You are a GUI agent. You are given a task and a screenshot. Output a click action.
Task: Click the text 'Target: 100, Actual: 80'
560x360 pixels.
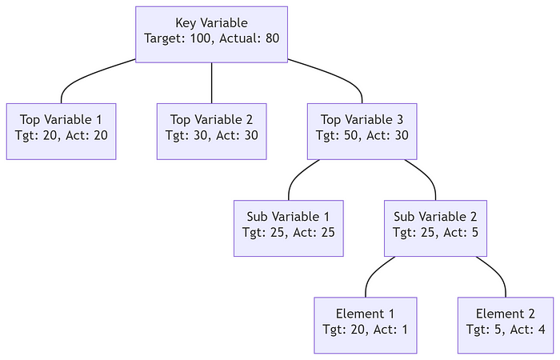tap(211, 38)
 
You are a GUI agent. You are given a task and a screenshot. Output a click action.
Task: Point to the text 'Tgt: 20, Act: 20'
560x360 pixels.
tap(62, 135)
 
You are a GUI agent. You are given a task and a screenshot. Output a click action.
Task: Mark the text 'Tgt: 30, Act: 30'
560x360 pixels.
tap(211, 135)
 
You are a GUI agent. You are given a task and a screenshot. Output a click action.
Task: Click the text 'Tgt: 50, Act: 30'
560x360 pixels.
tap(364, 135)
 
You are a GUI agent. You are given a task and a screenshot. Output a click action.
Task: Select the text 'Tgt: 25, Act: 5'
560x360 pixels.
tap(435, 232)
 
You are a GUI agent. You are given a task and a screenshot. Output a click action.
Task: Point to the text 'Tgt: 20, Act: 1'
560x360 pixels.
tap(366, 329)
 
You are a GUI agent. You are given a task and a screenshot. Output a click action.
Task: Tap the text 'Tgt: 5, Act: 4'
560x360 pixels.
tap(506, 329)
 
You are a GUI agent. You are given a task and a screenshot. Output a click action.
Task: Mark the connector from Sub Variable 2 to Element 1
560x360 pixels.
tap(374, 272)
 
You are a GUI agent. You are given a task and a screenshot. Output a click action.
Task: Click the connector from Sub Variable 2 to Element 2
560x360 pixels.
tap(496, 272)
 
